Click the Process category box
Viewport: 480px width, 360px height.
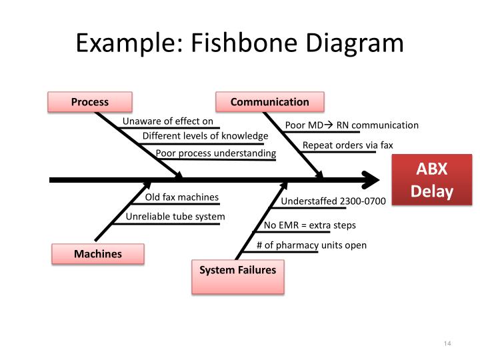(89, 102)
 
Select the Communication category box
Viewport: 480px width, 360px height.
(269, 102)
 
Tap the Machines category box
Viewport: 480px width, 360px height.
(97, 253)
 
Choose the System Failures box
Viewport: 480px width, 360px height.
(237, 275)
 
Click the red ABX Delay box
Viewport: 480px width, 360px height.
(431, 181)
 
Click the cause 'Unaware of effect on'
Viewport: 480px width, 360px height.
(167, 121)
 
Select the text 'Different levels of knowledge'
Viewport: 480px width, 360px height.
(205, 136)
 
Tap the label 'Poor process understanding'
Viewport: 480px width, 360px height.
(215, 153)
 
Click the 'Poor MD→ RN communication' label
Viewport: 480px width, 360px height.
(351, 125)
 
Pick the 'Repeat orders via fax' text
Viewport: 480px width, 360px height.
(347, 145)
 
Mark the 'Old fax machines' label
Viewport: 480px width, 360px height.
(181, 197)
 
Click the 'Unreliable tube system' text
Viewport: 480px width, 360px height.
(175, 217)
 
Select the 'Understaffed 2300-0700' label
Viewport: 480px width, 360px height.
(333, 201)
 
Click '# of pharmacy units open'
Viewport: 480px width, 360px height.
(311, 245)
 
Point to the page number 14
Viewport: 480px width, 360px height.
(447, 343)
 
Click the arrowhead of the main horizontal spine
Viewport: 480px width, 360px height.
(370, 179)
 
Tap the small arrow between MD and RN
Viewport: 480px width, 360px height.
(328, 125)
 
